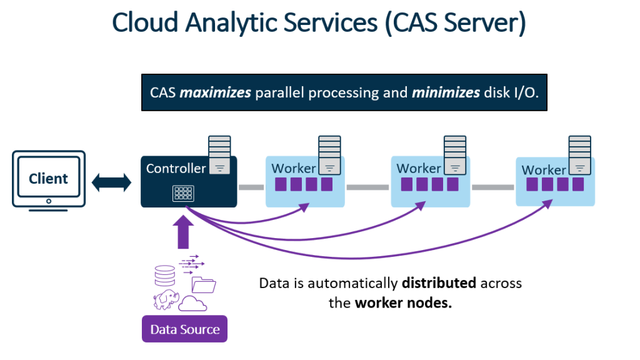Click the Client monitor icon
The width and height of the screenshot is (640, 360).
coord(49,179)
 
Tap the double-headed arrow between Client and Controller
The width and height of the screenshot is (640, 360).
coord(112,182)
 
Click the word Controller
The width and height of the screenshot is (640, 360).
coord(176,169)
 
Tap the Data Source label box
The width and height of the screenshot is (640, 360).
coord(184,329)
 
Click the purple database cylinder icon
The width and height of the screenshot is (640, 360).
coord(164,275)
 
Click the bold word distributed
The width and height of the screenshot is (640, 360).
coord(439,283)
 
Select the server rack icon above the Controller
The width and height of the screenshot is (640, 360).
coord(218,156)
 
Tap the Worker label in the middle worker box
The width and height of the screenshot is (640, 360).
coord(419,169)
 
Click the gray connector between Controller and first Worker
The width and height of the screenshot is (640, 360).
coord(251,187)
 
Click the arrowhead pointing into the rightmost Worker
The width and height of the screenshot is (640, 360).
coord(548,202)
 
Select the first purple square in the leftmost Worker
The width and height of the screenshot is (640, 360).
coord(281,184)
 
